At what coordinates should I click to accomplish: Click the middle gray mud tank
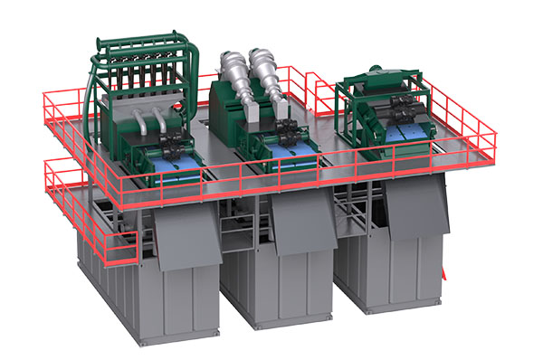[x=271, y=289]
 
